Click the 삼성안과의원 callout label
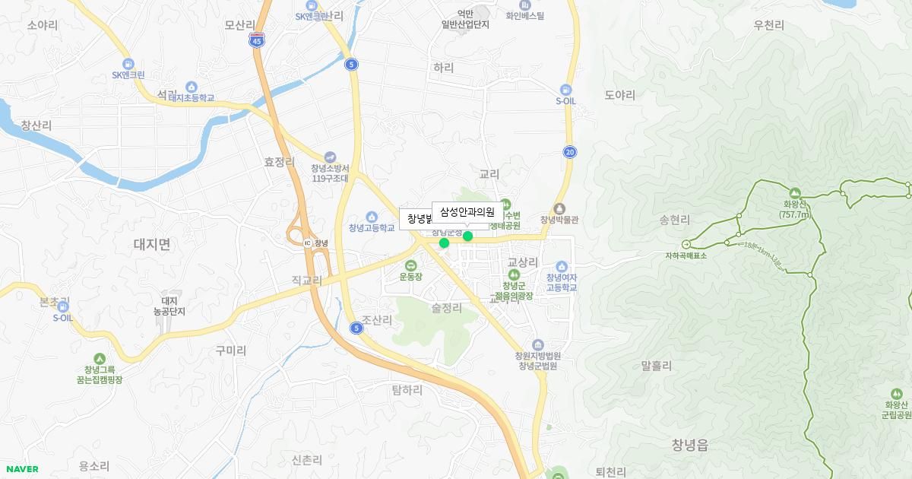[467, 211]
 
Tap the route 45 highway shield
[256, 43]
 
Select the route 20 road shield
[570, 152]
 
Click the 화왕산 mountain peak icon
[795, 192]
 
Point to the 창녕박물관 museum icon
[560, 208]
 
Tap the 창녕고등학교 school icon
[372, 217]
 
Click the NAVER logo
[22, 469]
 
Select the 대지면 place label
[152, 244]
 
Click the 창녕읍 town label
[690, 445]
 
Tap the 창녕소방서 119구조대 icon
[329, 157]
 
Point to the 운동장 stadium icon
[410, 265]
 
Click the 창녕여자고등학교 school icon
[562, 266]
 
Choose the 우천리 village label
[768, 25]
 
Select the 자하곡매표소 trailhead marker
[686, 244]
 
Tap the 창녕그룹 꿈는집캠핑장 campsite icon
[99, 359]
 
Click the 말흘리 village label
[657, 366]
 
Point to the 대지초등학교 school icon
[191, 87]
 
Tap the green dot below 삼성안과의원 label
[467, 236]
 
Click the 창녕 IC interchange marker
[308, 243]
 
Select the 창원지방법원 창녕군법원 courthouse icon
[538, 344]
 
